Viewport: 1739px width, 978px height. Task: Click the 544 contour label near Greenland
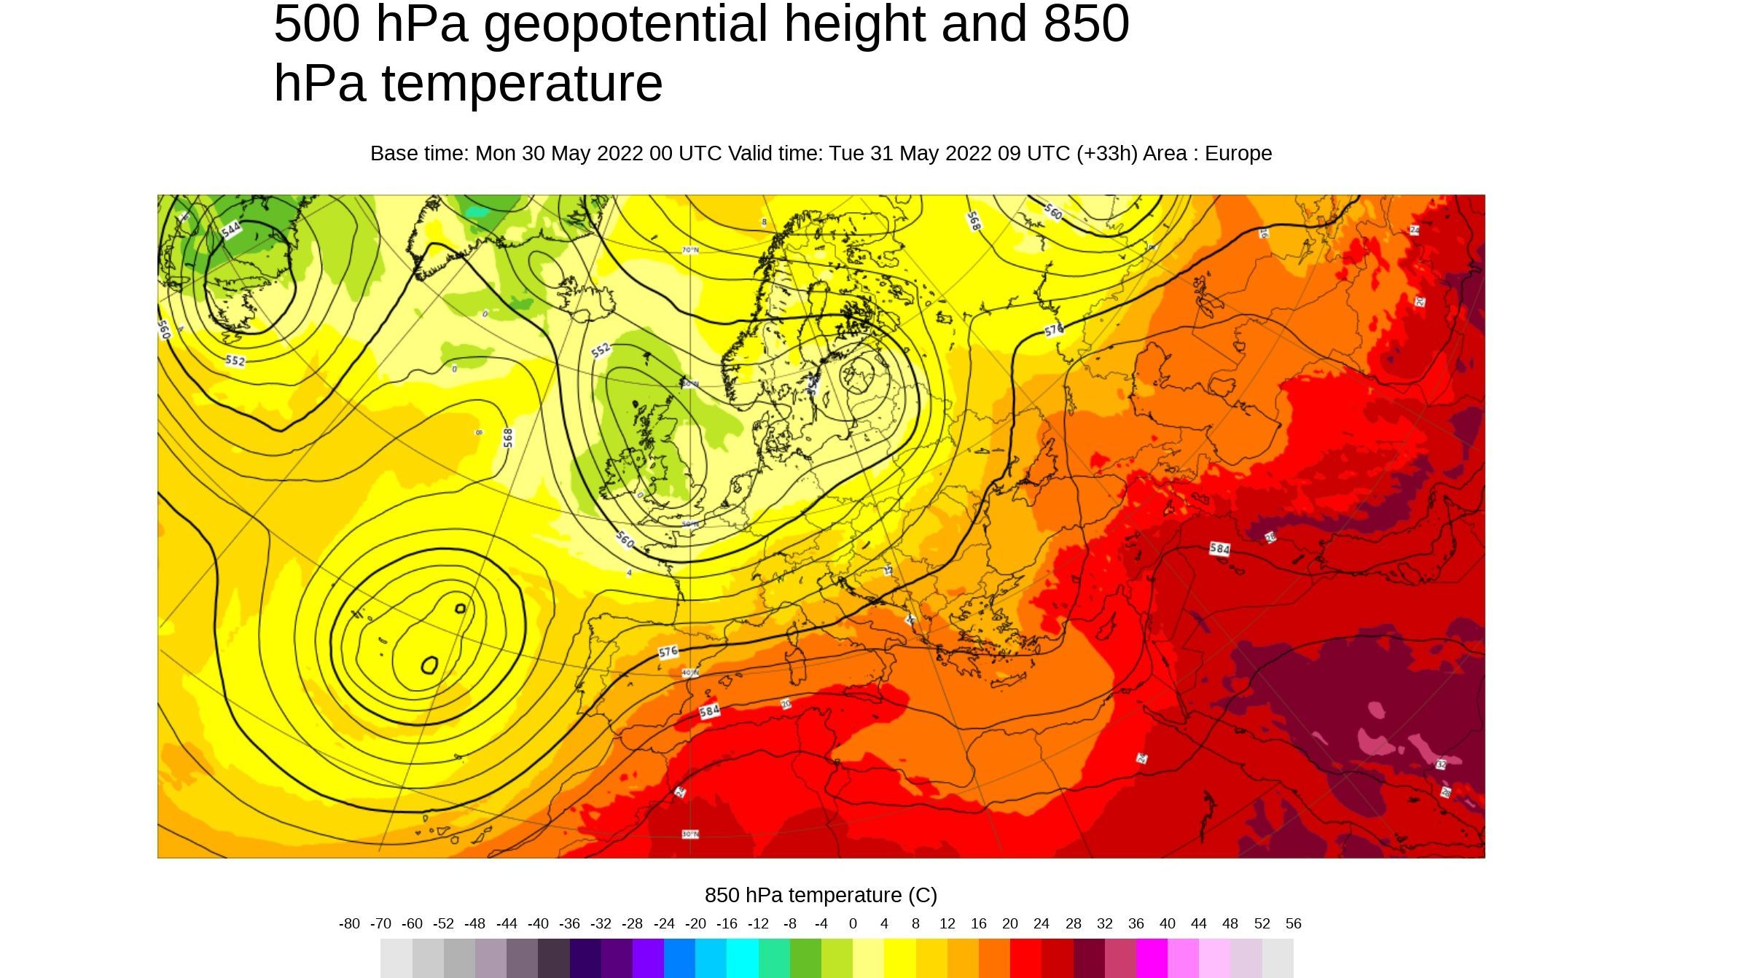231,230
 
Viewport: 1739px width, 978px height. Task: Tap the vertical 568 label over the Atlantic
508,437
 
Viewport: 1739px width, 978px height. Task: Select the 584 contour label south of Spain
709,711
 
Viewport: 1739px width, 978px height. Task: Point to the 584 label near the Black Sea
1219,548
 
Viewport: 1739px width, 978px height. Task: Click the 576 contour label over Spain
668,652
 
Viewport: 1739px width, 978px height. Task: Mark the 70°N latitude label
690,250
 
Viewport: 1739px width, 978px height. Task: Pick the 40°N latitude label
690,673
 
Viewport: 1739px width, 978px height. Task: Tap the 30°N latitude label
690,834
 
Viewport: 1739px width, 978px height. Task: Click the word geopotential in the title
625,23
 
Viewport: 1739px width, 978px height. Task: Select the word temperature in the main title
522,83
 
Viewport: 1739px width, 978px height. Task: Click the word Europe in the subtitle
1238,154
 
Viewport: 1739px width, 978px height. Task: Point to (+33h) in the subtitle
1106,154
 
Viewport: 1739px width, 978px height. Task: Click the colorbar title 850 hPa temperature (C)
821,895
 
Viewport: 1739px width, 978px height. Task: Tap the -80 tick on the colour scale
349,924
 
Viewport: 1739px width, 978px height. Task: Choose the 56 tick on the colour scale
1293,924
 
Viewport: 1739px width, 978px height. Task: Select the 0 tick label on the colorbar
853,924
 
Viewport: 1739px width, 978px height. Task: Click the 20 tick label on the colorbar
1009,924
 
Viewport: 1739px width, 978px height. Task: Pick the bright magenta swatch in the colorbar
1152,958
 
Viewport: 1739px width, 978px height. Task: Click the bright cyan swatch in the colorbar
743,958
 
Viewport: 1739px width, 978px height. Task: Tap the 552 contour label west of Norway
601,351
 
